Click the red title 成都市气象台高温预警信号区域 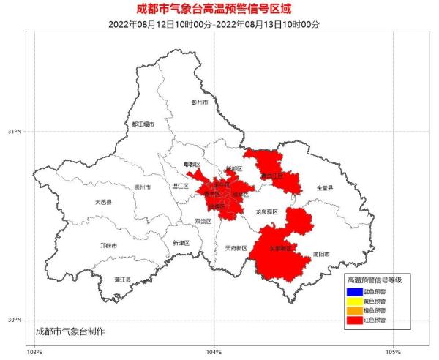(x=219, y=10)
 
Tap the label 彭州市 (x=200, y=103)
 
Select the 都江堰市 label (x=143, y=124)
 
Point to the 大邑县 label (x=103, y=202)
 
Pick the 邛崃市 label (x=109, y=245)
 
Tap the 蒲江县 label (x=122, y=280)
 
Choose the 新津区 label (x=181, y=242)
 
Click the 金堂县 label (x=324, y=188)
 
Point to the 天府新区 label (x=236, y=247)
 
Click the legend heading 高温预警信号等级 (x=374, y=280)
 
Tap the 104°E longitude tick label (x=214, y=352)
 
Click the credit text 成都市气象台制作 (x=70, y=331)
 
